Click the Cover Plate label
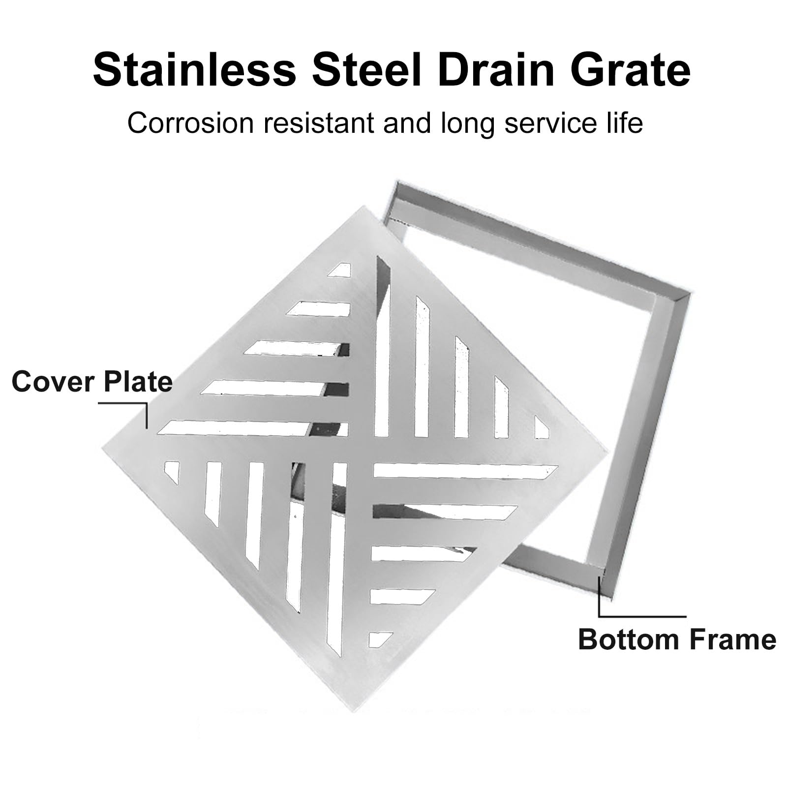[92, 382]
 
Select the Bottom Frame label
[677, 639]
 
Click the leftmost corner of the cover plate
[103, 448]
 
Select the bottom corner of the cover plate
[354, 712]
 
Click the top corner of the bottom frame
[397, 181]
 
